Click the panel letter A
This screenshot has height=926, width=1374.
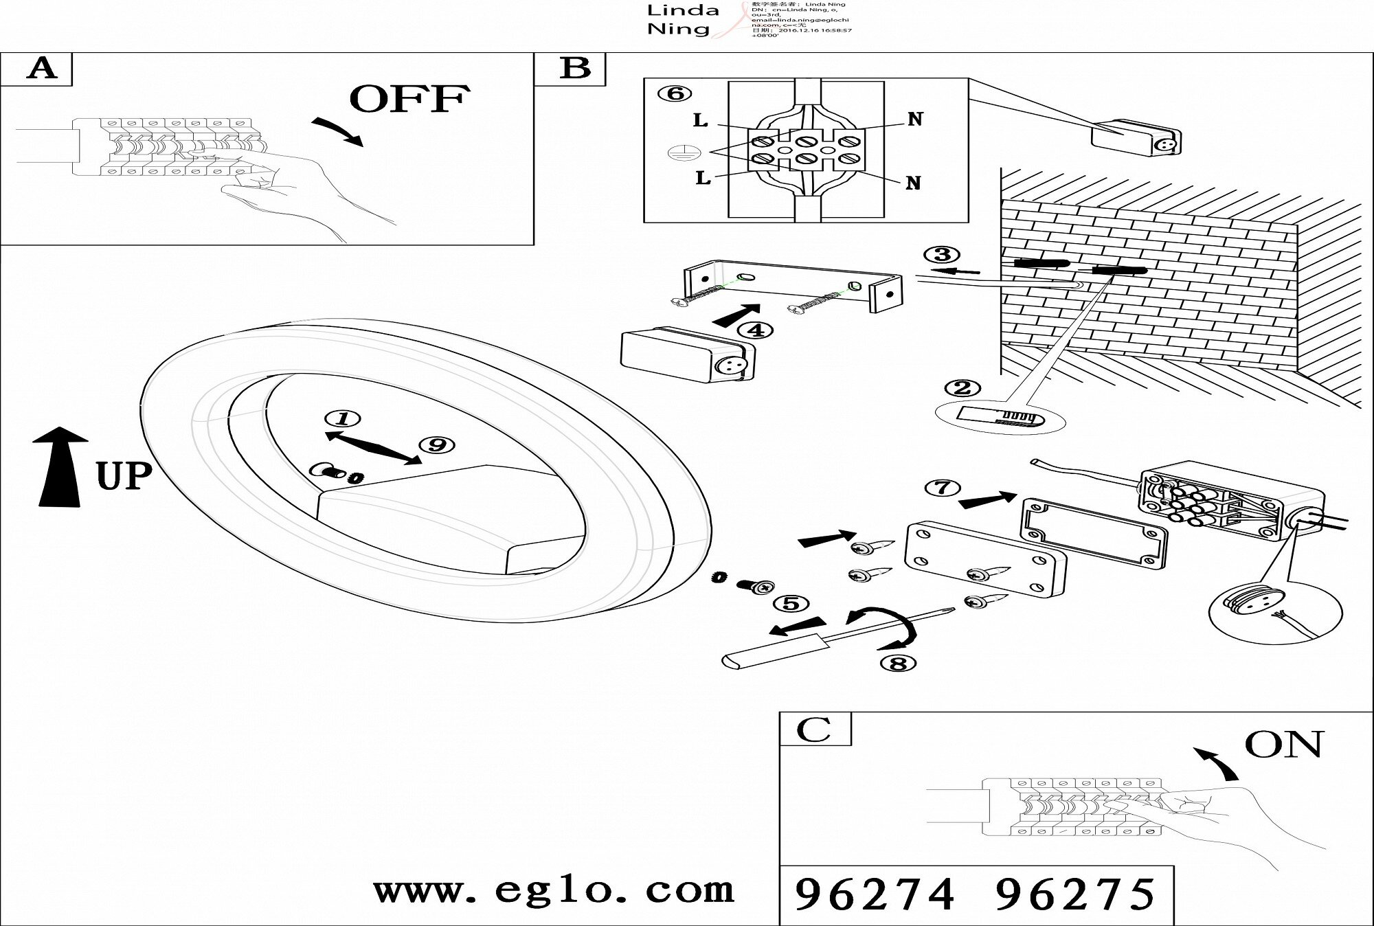pyautogui.click(x=41, y=69)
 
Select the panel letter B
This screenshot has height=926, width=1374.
pyautogui.click(x=574, y=69)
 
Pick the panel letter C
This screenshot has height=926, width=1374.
pyautogui.click(x=815, y=730)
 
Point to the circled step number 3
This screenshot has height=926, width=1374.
pyautogui.click(x=942, y=255)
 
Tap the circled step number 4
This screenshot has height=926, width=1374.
pyautogui.click(x=755, y=330)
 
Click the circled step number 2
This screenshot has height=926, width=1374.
pyautogui.click(x=962, y=388)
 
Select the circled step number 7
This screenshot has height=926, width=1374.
pyautogui.click(x=943, y=488)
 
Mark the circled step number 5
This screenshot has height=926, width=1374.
pyautogui.click(x=791, y=604)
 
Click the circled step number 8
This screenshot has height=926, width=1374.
pyautogui.click(x=898, y=664)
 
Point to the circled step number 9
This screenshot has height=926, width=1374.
pyautogui.click(x=437, y=445)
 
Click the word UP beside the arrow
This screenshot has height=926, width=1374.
pyautogui.click(x=124, y=476)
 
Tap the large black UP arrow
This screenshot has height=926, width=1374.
pyautogui.click(x=60, y=467)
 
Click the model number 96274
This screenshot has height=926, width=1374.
pyautogui.click(x=875, y=894)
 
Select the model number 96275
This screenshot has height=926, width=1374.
pyautogui.click(x=1075, y=894)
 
